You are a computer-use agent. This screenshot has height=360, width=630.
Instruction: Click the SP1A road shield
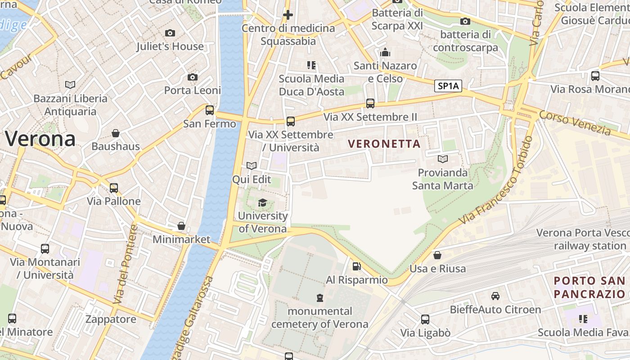(x=448, y=86)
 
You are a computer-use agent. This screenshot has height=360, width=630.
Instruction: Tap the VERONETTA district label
(x=384, y=144)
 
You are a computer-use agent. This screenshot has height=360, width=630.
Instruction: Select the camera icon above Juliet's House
(x=170, y=33)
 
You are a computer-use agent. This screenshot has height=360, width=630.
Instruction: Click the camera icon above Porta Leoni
(x=193, y=77)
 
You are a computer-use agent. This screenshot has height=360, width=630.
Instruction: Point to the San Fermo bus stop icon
(x=210, y=110)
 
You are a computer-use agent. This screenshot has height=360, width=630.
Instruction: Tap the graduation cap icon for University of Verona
(x=262, y=202)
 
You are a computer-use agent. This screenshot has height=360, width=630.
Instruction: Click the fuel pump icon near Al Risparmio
(x=356, y=266)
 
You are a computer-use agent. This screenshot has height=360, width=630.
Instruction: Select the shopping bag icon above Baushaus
(x=116, y=133)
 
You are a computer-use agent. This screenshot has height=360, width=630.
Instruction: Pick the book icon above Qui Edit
(x=252, y=166)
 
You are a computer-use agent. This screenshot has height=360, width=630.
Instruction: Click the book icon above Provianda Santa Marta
(x=443, y=159)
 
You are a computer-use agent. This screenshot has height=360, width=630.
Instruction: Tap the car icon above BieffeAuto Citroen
(x=495, y=296)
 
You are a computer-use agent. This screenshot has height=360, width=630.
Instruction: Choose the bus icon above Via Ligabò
(x=425, y=319)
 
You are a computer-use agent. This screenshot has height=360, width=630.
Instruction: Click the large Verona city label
(x=40, y=139)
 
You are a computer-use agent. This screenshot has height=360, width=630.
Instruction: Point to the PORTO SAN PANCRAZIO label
(x=589, y=288)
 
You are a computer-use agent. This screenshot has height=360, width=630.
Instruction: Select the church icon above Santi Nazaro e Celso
(x=385, y=53)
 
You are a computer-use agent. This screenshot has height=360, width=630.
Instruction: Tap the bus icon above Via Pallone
(x=114, y=188)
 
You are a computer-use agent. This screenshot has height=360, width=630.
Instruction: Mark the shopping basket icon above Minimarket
(x=181, y=226)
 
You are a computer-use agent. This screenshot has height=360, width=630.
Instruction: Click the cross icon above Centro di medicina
(x=288, y=15)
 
